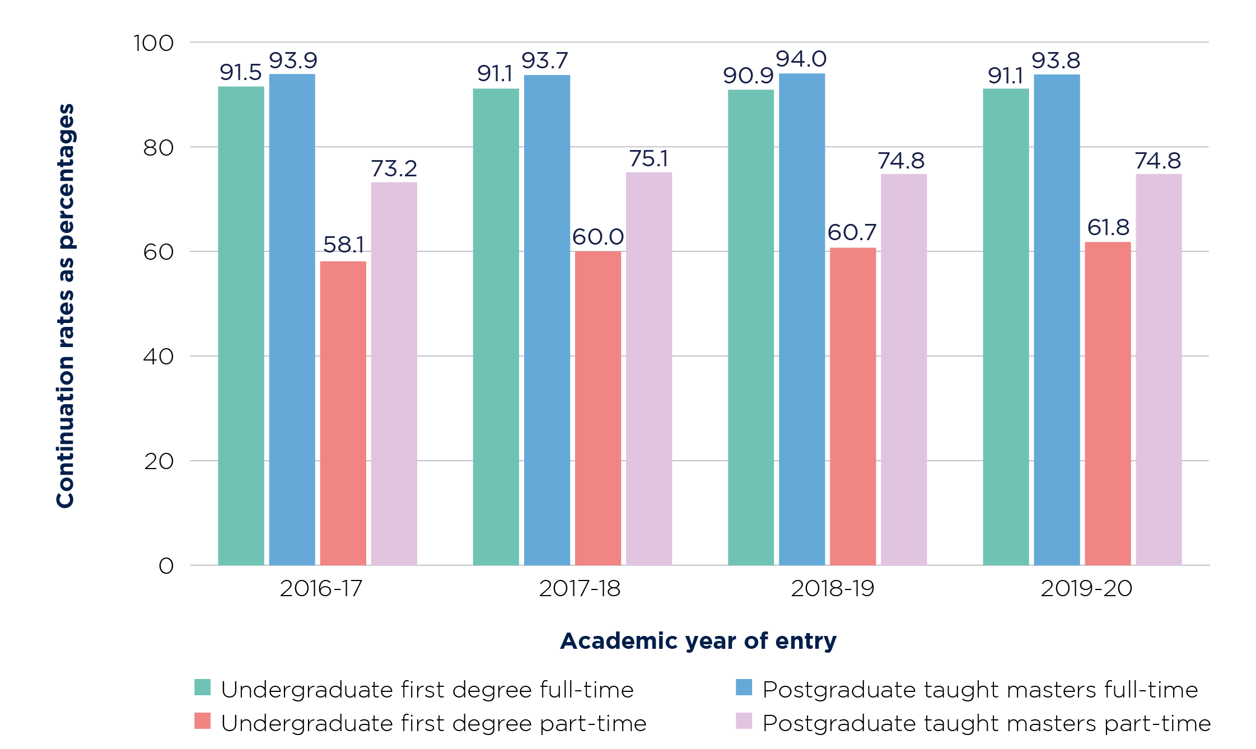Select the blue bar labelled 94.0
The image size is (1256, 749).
(801, 319)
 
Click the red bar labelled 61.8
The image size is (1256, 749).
(1107, 403)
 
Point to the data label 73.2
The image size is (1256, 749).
(394, 168)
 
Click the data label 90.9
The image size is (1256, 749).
(748, 76)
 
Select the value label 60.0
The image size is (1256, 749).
(597, 237)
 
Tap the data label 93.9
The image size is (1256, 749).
(293, 60)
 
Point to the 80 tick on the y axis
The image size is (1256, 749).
(158, 148)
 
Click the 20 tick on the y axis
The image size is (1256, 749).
(158, 461)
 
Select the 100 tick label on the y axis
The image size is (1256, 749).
(153, 43)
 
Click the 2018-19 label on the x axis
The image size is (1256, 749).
(832, 588)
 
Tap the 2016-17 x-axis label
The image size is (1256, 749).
(321, 588)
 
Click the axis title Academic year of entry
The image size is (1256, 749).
(698, 641)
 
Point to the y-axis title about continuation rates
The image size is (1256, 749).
(66, 306)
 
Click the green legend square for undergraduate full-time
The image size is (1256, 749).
(202, 687)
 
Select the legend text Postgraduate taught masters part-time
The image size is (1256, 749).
(986, 723)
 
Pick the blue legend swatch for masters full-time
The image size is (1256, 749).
(744, 687)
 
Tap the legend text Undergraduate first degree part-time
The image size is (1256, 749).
(433, 723)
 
